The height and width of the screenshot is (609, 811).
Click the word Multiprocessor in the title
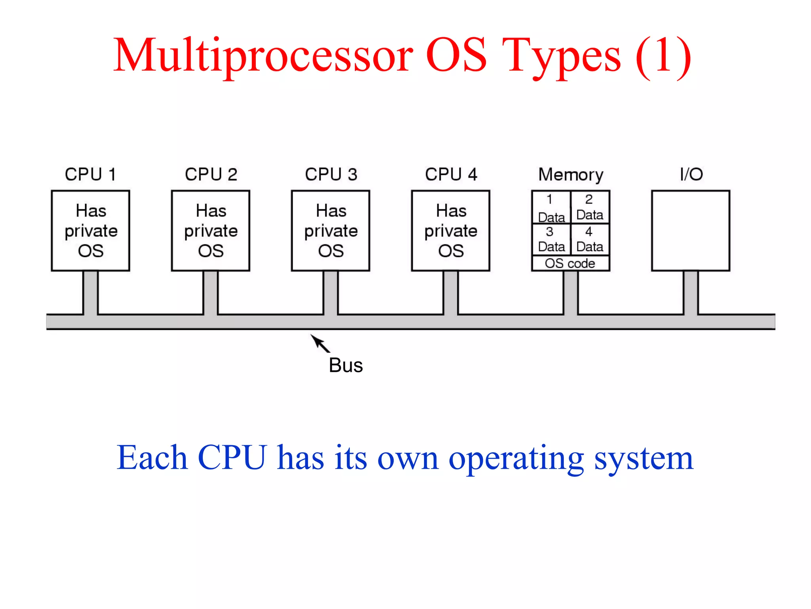[x=263, y=56]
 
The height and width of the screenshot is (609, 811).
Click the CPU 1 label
[x=90, y=174]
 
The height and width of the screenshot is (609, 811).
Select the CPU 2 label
[x=211, y=174]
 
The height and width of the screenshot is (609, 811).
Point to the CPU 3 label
[x=331, y=174]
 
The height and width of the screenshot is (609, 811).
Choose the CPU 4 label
[x=451, y=174]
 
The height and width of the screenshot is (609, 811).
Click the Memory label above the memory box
[x=571, y=174]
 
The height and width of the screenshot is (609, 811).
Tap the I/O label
[x=691, y=174]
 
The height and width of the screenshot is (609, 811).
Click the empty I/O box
[x=691, y=231]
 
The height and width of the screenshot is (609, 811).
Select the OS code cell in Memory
[x=570, y=263]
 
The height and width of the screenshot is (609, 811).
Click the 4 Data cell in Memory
[x=590, y=239]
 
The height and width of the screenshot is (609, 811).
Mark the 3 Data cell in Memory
[x=551, y=239]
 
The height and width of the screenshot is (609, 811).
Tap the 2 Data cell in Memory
[x=590, y=207]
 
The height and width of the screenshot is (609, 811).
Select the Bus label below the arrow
[x=346, y=365]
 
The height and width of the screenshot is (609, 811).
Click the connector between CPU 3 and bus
[x=331, y=293]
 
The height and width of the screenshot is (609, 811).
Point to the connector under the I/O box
[x=691, y=293]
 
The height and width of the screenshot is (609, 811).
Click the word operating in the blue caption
[x=516, y=458]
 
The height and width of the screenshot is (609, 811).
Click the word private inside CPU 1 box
[x=91, y=231]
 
